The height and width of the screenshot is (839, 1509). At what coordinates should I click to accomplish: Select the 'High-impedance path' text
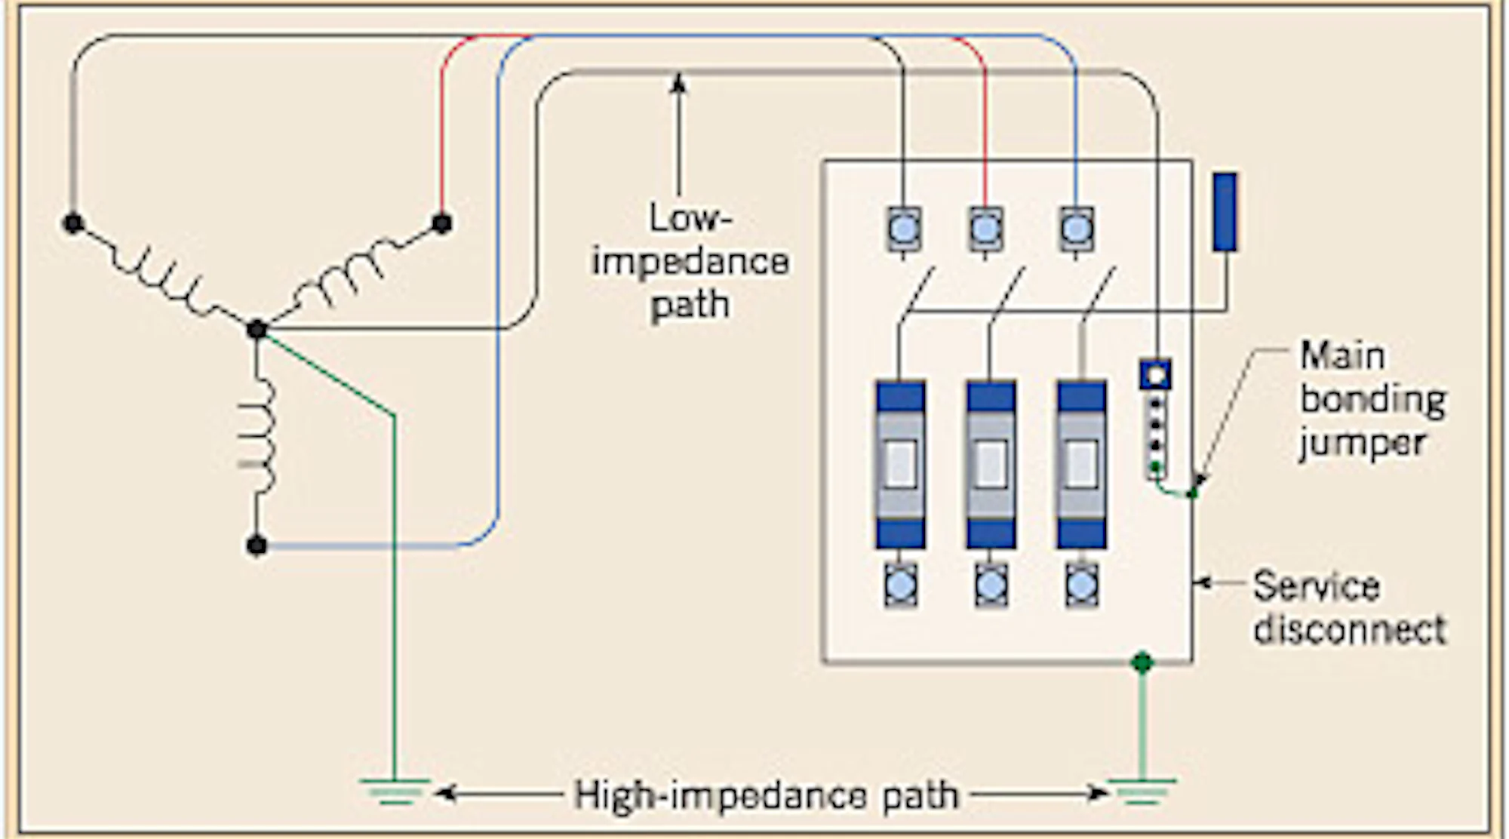point(766,794)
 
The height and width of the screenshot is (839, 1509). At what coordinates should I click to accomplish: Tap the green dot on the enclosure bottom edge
point(1142,662)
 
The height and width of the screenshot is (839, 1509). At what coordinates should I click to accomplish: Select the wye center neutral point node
point(257,329)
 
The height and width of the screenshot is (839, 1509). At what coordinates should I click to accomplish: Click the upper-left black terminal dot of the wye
point(73,223)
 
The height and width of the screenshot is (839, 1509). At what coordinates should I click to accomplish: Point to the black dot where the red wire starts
point(441,223)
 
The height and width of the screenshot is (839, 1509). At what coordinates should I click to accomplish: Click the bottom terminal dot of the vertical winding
point(257,545)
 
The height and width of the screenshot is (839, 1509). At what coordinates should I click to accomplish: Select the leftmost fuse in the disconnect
point(900,464)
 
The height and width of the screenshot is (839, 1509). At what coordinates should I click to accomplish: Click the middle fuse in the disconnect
point(991,464)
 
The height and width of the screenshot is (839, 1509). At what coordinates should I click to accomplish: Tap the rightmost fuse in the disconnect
point(1081,464)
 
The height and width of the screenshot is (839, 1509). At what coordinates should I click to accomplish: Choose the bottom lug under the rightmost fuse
point(1081,585)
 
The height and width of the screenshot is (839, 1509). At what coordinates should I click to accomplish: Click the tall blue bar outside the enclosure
point(1225,211)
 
